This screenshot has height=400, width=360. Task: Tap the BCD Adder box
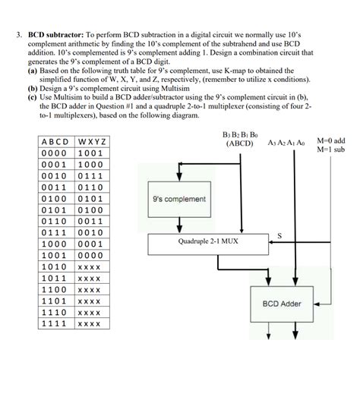tap(282, 304)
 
